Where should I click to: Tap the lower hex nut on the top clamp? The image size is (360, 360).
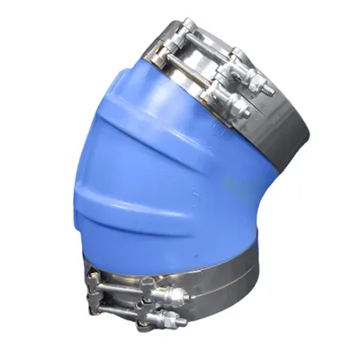(x=239, y=108)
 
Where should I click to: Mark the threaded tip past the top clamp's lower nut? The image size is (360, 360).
(x=249, y=115)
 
